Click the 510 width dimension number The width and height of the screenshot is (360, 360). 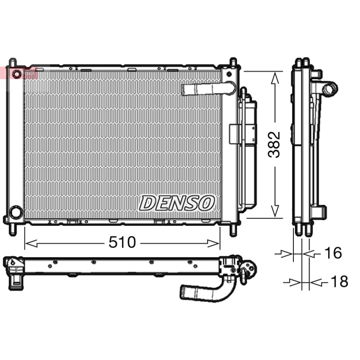coord(122,242)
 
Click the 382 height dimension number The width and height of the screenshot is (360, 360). coord(274,144)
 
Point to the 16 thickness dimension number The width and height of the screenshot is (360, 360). coord(333,252)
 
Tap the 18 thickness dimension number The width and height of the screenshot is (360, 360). coord(339,282)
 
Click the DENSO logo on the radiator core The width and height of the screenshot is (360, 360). coord(177,203)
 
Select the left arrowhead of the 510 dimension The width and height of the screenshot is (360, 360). coord(31,243)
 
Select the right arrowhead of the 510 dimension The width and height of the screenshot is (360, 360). coord(213,243)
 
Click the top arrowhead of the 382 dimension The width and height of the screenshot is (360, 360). coord(275,77)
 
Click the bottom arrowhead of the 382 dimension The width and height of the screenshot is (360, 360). coord(275,211)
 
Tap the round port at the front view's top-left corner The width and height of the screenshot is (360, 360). coord(17,74)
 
